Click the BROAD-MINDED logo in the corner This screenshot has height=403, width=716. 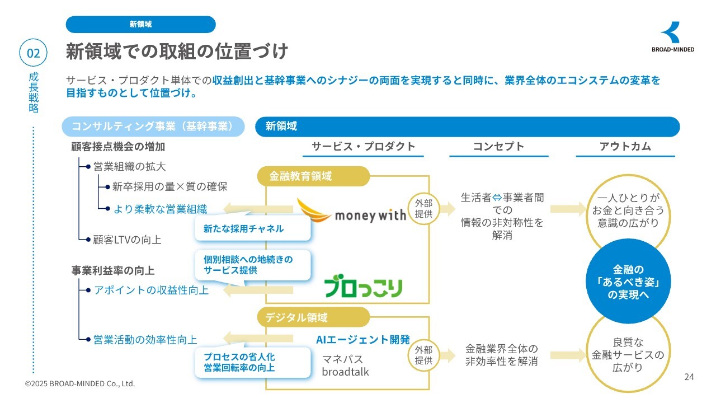(672, 37)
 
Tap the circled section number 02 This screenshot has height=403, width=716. (34, 53)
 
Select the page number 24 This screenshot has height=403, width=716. (689, 377)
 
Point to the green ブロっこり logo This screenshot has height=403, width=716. (364, 288)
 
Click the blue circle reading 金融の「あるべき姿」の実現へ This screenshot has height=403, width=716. (628, 282)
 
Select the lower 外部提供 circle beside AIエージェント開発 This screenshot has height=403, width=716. (424, 355)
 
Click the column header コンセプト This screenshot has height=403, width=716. (498, 147)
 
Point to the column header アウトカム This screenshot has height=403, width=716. (625, 147)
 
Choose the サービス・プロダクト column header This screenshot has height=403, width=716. (364, 147)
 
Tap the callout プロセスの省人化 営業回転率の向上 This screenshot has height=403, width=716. (252, 362)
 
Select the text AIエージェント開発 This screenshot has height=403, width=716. (363, 339)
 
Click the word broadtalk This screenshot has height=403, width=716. (345, 372)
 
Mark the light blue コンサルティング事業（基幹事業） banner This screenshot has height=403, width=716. (152, 126)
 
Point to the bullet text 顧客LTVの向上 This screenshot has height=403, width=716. (127, 240)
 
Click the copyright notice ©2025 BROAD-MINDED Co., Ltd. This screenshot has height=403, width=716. (80, 384)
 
